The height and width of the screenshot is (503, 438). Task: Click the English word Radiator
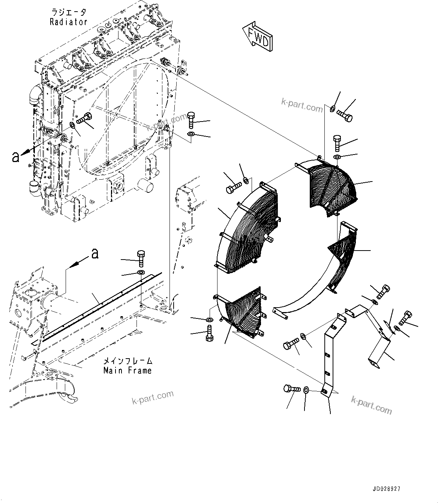(69, 22)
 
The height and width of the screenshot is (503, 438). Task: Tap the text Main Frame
(127, 371)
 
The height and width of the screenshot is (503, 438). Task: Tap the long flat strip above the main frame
(101, 304)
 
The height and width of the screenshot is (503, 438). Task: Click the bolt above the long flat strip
(141, 257)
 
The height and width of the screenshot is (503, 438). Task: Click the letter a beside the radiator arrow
(15, 156)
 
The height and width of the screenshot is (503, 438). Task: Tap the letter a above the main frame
(95, 254)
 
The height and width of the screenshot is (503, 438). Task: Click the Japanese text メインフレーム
(127, 361)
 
